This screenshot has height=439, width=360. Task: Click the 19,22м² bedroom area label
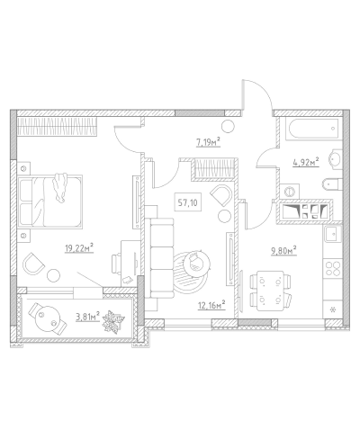pos(79,248)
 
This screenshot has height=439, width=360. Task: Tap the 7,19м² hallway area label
pos(208,142)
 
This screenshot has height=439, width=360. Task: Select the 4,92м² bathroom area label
pos(305,162)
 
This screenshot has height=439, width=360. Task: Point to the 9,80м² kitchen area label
pos(283,250)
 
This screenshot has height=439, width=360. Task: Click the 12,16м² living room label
pos(211,305)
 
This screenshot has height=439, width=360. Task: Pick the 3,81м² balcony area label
pos(87,317)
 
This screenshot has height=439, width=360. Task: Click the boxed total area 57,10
pos(188,203)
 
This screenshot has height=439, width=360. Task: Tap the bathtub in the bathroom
pos(311,129)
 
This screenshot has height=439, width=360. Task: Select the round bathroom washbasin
pos(336,158)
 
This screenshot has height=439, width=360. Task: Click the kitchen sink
pos(332,234)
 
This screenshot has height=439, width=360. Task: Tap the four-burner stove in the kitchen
pos(333,268)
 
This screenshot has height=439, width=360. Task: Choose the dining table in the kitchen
pos(270,291)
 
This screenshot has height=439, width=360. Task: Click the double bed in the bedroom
pos(50,201)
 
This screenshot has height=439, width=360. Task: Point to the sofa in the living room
pos(162,258)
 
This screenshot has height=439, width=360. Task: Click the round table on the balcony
pos(48,318)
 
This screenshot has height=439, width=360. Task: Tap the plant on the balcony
pos(113,321)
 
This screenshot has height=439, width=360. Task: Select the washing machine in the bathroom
pos(289,191)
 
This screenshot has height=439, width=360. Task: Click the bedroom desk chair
pos(116,264)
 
